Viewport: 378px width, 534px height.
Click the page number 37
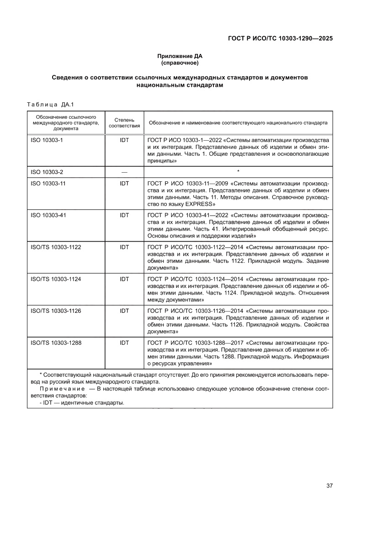coord(329,486)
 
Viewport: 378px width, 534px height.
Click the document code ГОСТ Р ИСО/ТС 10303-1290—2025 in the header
coord(280,39)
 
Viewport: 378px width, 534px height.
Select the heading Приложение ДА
coord(179,56)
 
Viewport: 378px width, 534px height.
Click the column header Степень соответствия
coord(124,123)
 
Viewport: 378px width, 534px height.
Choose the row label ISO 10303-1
coord(47,140)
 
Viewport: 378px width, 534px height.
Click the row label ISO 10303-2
coord(47,172)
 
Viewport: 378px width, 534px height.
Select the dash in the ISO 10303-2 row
coord(124,172)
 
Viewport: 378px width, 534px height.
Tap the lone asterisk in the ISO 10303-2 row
coord(238,172)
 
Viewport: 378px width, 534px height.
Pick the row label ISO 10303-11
coord(48,183)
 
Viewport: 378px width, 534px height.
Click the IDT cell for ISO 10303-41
coord(124,215)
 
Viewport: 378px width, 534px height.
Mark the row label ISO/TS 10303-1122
coord(56,247)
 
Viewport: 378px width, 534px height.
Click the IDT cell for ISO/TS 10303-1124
coord(124,279)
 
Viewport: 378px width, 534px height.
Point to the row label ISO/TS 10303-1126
coord(56,311)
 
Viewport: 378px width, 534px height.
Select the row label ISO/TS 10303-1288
coord(56,343)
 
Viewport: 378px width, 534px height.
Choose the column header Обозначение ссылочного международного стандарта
coord(65,123)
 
